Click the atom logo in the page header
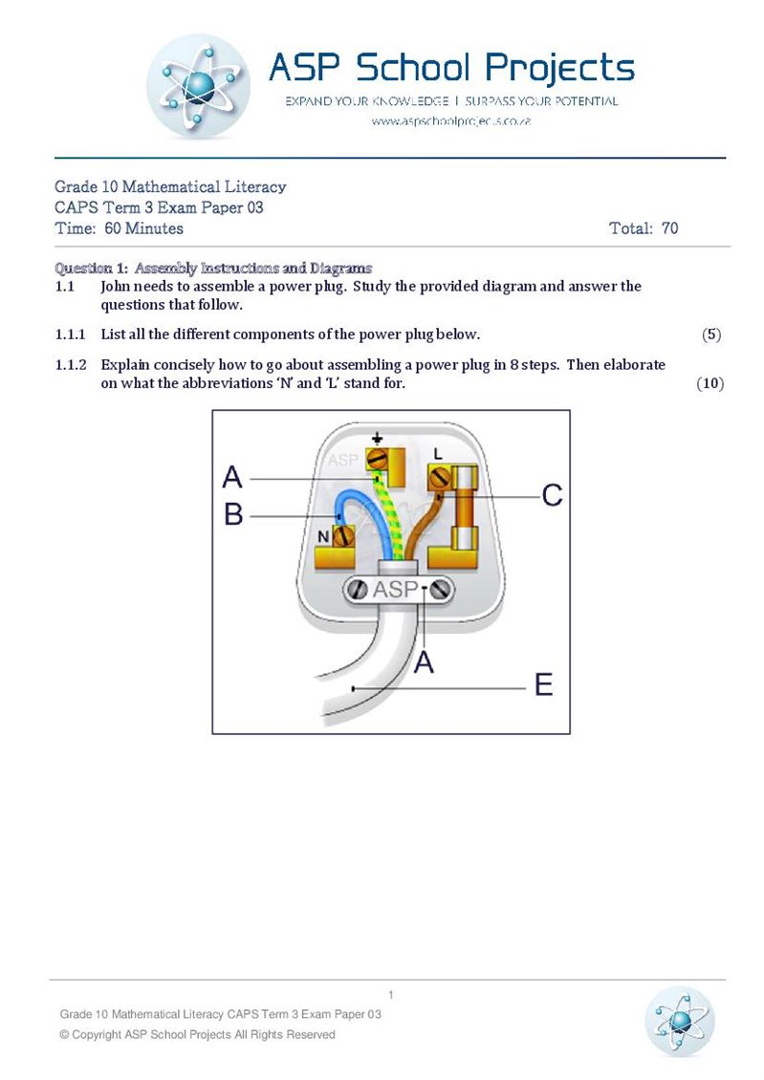click(199, 87)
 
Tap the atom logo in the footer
click(680, 1021)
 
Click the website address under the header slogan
click(450, 122)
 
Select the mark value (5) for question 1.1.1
click(710, 335)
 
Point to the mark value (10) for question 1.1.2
click(709, 383)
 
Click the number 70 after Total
click(669, 228)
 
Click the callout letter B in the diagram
click(233, 515)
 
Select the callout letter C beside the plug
click(552, 495)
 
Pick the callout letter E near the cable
click(542, 685)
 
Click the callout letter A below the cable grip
click(423, 660)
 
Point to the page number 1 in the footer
click(391, 995)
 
